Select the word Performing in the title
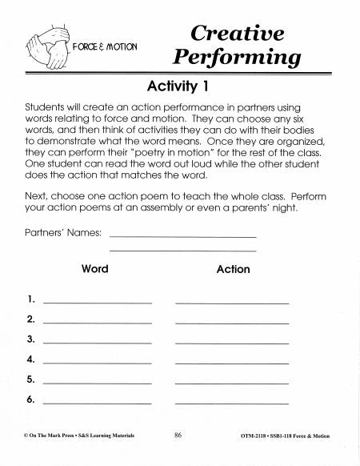tap(237, 58)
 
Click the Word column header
tap(95, 269)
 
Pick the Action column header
tap(233, 270)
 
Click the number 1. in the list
tap(30, 299)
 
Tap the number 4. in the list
tap(30, 359)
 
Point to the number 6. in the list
tap(30, 399)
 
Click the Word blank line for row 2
tap(98, 323)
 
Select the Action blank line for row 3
tap(232, 343)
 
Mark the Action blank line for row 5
tap(232, 384)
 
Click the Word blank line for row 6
tap(98, 403)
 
